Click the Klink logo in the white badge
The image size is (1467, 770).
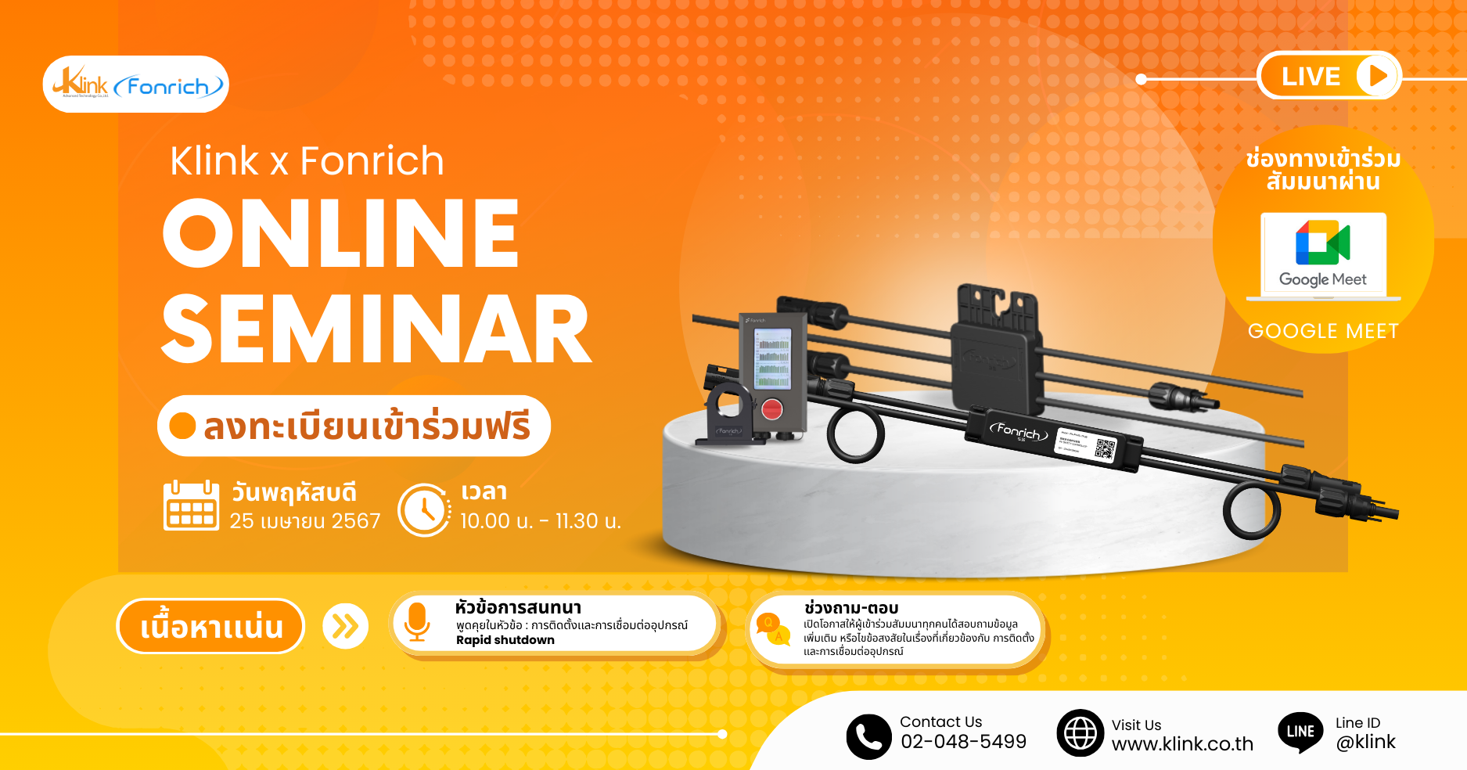point(81,83)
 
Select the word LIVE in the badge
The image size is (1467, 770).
point(1311,77)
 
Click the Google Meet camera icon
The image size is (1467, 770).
point(1322,243)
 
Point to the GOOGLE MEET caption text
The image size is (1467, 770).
point(1323,331)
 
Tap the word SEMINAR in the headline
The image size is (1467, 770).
point(376,330)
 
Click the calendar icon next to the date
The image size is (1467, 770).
point(191,506)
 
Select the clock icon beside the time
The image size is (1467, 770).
point(424,510)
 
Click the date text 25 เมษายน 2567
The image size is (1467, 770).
point(305,521)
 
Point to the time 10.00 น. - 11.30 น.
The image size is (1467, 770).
point(540,521)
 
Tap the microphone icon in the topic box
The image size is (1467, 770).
point(417,623)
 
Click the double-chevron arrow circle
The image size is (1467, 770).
point(345,626)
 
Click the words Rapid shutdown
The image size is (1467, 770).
point(505,640)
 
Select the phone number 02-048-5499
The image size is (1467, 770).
point(963,742)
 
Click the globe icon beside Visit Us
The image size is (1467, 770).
point(1080,733)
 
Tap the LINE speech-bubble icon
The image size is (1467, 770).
point(1300,732)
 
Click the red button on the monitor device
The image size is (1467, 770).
point(772,409)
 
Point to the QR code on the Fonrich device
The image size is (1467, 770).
point(1105,449)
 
